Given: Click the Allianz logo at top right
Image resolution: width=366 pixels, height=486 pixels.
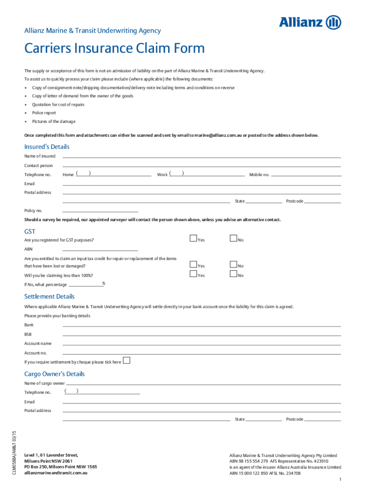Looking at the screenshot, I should click(309, 22).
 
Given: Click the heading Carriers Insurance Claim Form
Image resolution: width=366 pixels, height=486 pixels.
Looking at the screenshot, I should click(115, 48).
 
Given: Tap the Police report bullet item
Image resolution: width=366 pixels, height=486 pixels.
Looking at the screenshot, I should click(44, 113).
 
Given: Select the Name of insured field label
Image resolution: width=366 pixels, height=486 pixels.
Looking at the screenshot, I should click(40, 156).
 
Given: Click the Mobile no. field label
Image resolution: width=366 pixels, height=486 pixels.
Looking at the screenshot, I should click(259, 175).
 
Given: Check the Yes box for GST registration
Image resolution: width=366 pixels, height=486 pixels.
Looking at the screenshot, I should click(193, 239).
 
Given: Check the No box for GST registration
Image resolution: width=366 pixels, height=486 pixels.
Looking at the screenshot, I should click(233, 239).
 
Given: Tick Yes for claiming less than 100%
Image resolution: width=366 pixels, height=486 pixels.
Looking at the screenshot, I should click(193, 274).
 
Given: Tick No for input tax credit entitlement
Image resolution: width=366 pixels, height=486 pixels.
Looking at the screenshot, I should click(233, 265).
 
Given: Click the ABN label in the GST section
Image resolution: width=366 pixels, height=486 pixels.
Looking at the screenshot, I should click(29, 249).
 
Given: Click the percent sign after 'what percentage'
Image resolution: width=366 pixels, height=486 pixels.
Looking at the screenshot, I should click(104, 284).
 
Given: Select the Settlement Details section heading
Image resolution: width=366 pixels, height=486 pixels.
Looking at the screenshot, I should click(49, 297).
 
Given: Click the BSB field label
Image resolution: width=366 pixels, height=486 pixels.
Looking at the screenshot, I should click(29, 334).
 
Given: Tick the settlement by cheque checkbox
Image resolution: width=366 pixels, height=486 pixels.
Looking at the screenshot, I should click(126, 361).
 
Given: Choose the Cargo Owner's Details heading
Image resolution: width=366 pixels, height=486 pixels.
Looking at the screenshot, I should click(54, 374).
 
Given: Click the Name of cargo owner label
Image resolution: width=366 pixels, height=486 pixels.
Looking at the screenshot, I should click(44, 383).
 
